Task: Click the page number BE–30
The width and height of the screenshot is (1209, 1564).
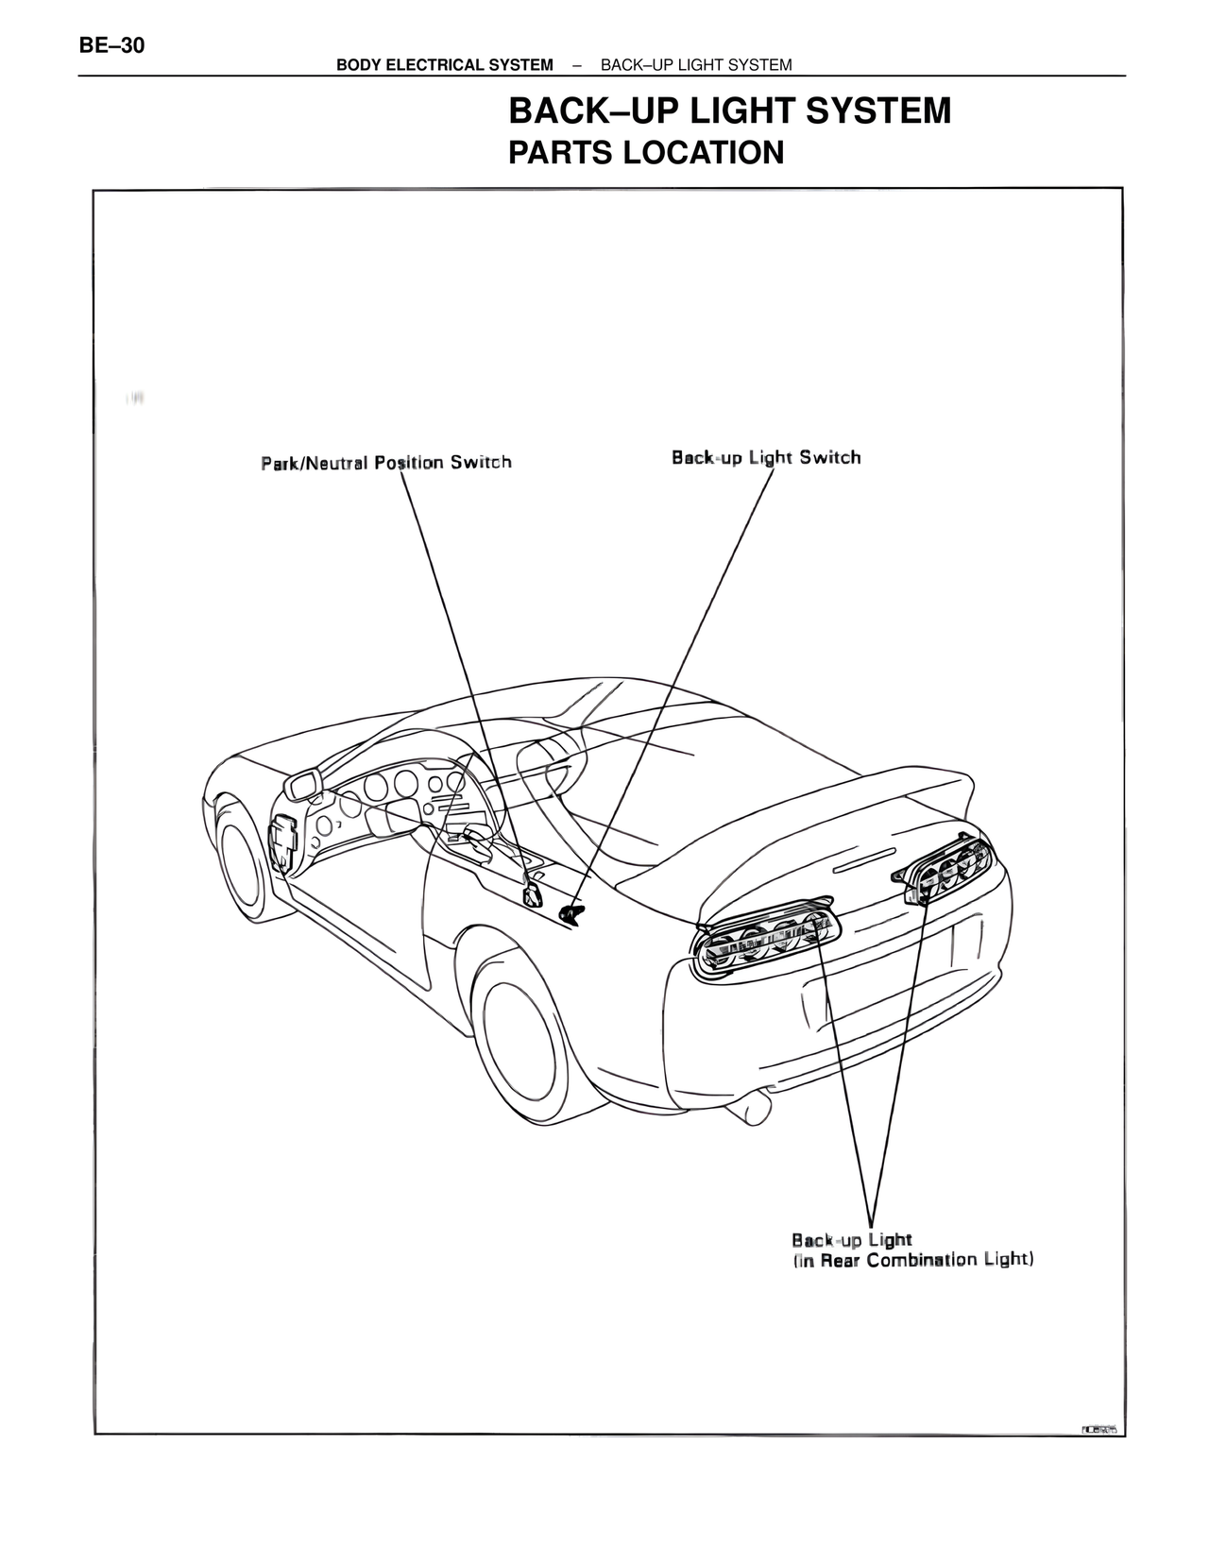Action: pyautogui.click(x=112, y=44)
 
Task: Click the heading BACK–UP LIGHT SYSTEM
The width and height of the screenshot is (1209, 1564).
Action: pyautogui.click(x=729, y=111)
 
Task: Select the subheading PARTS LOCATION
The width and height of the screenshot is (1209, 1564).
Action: pyautogui.click(x=646, y=152)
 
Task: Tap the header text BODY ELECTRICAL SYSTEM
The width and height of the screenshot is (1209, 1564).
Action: pyautogui.click(x=444, y=64)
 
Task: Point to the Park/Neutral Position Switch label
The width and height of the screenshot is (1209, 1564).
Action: pyautogui.click(x=386, y=462)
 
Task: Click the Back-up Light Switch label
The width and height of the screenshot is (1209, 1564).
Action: pyautogui.click(x=766, y=457)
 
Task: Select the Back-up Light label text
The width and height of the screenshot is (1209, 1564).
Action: pyautogui.click(x=851, y=1239)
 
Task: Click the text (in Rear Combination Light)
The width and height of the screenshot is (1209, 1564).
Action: pyautogui.click(x=912, y=1260)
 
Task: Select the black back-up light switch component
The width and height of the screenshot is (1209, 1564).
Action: pyautogui.click(x=572, y=911)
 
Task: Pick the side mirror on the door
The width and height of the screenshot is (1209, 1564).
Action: pyautogui.click(x=304, y=784)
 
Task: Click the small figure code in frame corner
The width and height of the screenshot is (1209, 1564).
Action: pyautogui.click(x=1098, y=1429)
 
